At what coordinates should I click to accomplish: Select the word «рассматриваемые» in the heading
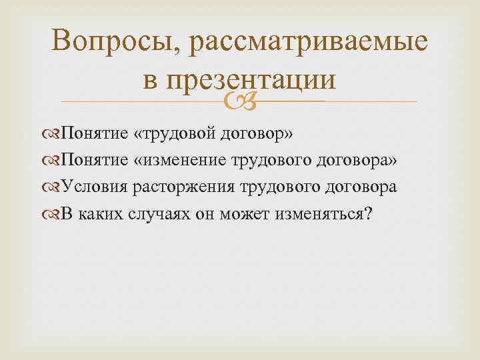309,43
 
